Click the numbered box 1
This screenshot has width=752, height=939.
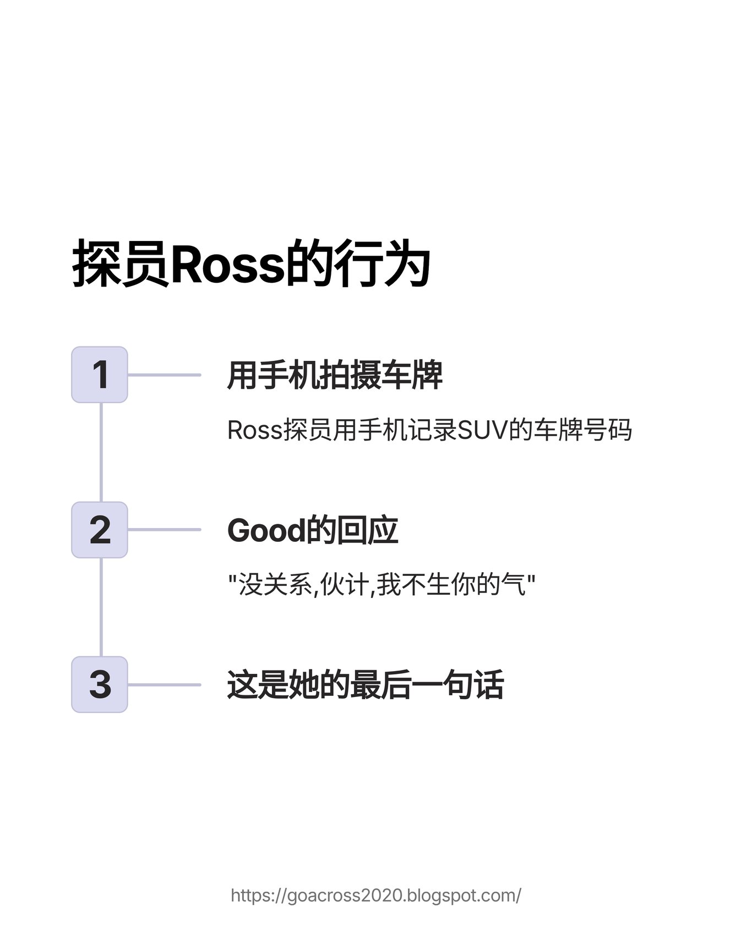100,375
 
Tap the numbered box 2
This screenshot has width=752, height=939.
100,530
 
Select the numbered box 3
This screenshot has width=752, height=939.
100,684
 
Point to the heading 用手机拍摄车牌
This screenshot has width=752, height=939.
335,375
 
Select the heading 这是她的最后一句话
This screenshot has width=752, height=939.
365,685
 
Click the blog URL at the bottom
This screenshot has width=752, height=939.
376,895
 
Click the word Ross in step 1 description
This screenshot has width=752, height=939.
254,430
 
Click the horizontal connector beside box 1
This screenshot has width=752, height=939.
164,375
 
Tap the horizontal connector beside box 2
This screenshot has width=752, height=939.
164,530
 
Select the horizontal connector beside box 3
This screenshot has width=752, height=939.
164,685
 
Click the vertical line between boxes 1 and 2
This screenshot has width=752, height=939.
101,452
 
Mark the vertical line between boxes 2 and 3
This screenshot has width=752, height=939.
101,607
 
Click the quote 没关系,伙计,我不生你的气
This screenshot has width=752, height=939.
382,584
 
